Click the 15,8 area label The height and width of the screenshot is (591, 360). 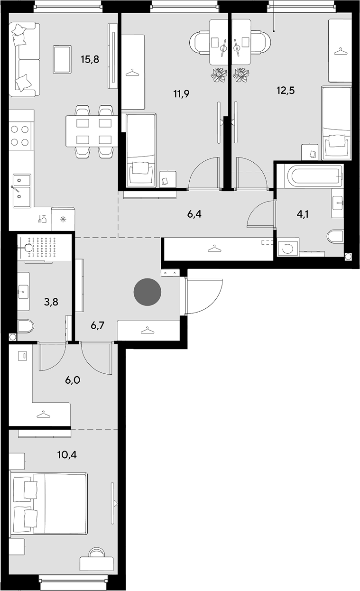pyautogui.click(x=90, y=60)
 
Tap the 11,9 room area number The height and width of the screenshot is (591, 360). pyautogui.click(x=181, y=94)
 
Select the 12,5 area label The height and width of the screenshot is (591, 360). pyautogui.click(x=286, y=91)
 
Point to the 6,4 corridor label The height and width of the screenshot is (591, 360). pyautogui.click(x=194, y=214)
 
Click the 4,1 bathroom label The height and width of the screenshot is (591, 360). pyautogui.click(x=303, y=215)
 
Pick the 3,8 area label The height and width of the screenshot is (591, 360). pyautogui.click(x=51, y=302)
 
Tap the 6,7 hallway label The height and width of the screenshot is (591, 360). pyautogui.click(x=97, y=326)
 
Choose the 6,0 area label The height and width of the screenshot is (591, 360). pyautogui.click(x=73, y=380)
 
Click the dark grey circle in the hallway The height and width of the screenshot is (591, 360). pyautogui.click(x=148, y=292)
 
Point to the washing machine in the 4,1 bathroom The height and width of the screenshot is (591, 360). pyautogui.click(x=288, y=247)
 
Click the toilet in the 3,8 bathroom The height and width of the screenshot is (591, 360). pyautogui.click(x=25, y=326)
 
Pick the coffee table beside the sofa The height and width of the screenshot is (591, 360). pyautogui.click(x=62, y=59)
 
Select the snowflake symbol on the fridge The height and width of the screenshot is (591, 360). pyautogui.click(x=63, y=219)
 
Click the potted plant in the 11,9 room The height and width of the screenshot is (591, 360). pyautogui.click(x=219, y=75)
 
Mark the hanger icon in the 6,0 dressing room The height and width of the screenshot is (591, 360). pyautogui.click(x=44, y=415)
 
